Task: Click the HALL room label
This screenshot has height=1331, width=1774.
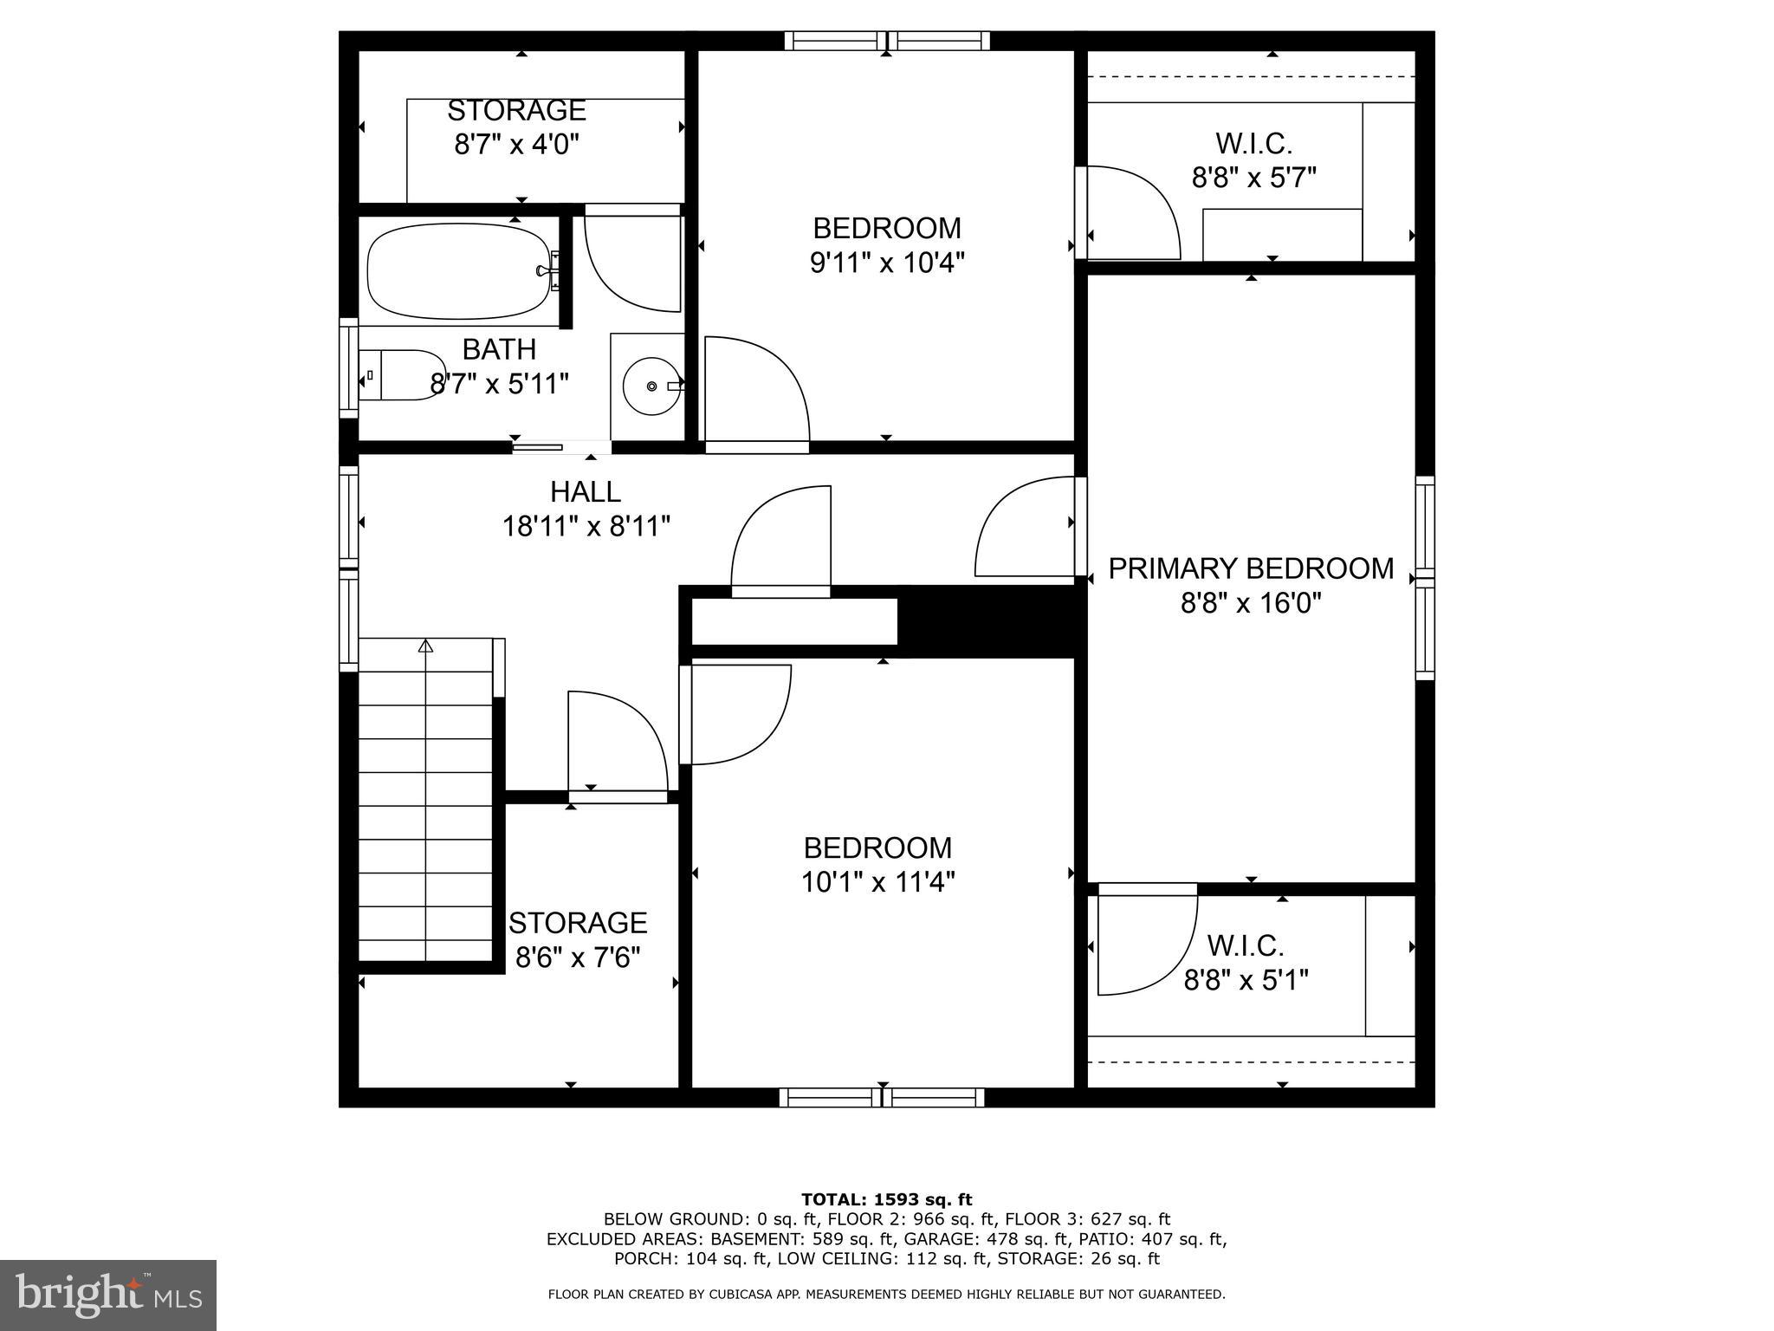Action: coord(586,492)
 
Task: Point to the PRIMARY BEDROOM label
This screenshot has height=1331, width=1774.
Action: coord(1251,568)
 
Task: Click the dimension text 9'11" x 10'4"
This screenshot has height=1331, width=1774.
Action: coord(887,263)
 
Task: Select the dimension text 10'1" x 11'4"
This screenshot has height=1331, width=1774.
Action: coord(877,882)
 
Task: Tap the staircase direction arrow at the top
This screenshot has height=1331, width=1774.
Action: coord(425,646)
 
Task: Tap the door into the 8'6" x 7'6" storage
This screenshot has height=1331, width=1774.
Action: coord(617,743)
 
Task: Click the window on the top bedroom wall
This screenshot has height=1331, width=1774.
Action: coord(887,41)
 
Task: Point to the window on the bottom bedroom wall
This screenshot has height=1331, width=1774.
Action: coord(882,1098)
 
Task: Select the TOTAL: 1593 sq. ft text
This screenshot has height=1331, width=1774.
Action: coord(886,1200)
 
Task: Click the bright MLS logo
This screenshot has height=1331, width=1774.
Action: coord(108,1295)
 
